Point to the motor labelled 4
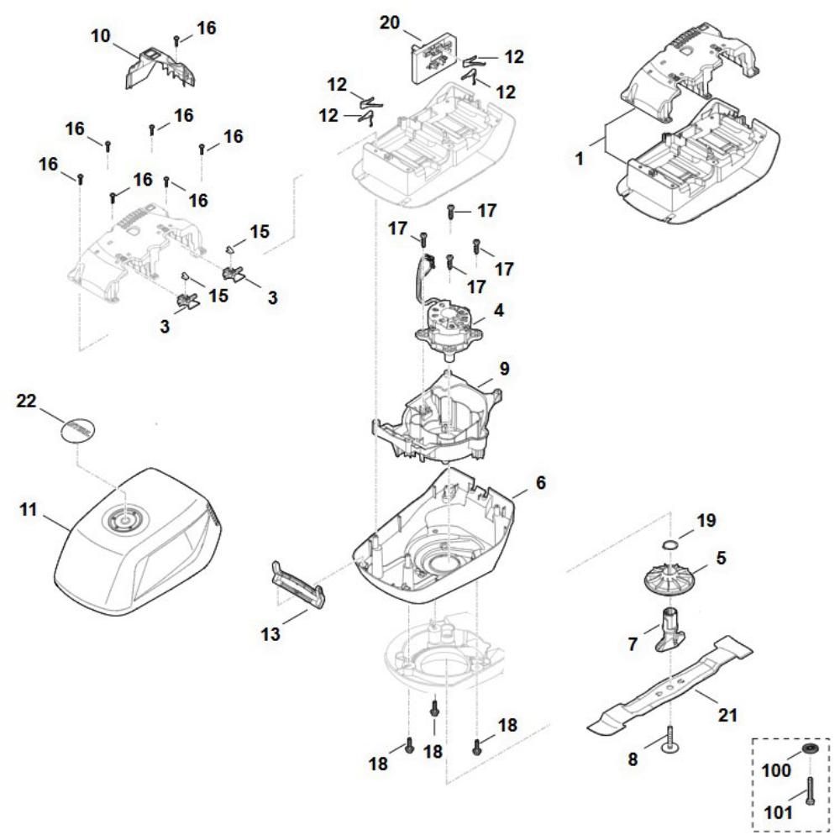click(x=449, y=323)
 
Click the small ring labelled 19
click(x=668, y=547)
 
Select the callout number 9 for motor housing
click(x=503, y=368)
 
